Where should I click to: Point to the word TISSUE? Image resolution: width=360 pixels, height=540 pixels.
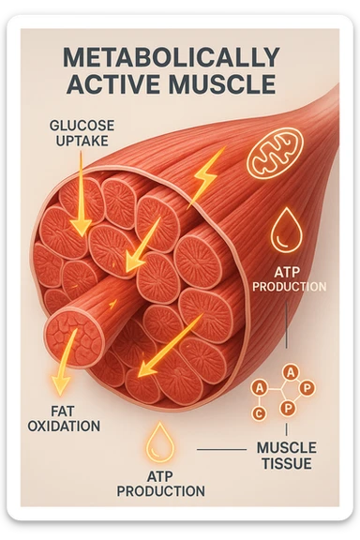point(286,464)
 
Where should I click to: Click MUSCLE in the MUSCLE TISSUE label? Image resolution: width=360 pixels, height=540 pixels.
point(286,447)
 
